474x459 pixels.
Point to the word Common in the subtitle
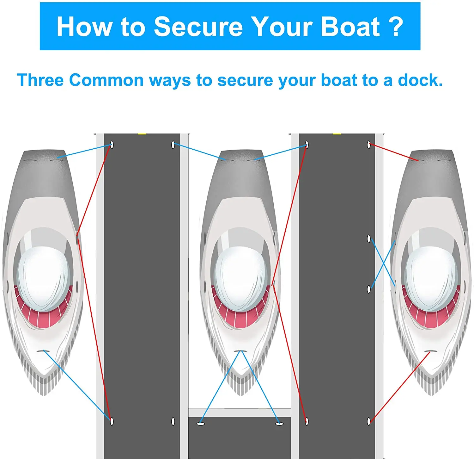(x=106, y=80)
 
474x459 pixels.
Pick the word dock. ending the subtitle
(x=420, y=80)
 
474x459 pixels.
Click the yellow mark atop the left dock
(x=142, y=133)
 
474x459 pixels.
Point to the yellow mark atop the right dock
(x=337, y=133)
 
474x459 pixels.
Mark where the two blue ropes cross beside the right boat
(x=383, y=263)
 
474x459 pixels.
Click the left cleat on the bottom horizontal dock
(x=201, y=424)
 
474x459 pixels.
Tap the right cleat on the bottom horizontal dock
(x=279, y=424)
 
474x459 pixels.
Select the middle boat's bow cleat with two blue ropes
(x=240, y=351)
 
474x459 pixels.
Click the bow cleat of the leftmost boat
(x=43, y=351)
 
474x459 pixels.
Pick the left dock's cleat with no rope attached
(x=173, y=421)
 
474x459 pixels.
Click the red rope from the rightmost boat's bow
(x=400, y=387)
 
